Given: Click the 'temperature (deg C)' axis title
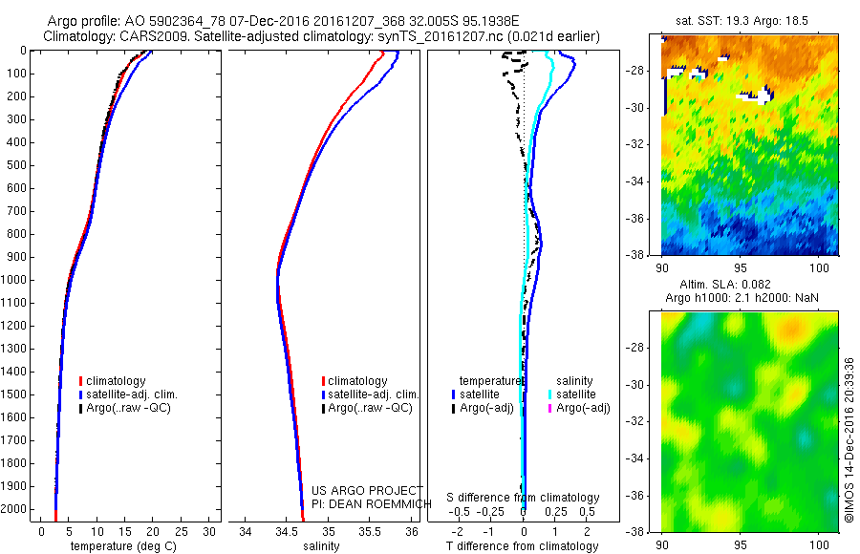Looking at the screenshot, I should coord(119,546).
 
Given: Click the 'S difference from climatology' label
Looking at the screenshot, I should coord(524,499).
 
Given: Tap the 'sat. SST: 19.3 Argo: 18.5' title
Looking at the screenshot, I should coord(749,19).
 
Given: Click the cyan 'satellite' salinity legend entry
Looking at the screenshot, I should coord(574,394).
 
